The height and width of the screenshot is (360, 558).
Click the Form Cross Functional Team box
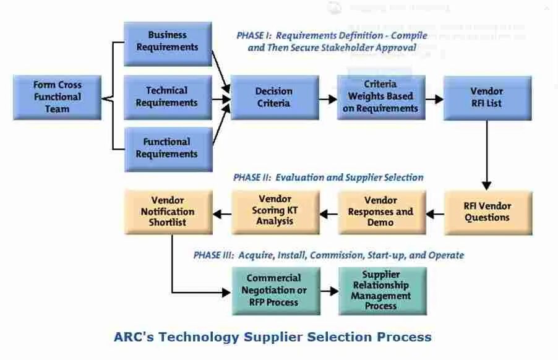pos(57,97)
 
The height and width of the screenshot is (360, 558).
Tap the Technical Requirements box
pos(168,97)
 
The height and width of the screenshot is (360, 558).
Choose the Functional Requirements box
pos(168,148)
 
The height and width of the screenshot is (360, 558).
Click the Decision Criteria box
pos(274,97)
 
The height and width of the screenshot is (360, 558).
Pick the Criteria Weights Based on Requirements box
pos(380,97)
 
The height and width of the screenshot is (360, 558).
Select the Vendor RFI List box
pos(486,97)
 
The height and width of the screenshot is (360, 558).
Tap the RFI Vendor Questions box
pos(487,212)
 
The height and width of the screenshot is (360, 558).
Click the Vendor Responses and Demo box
pos(380,212)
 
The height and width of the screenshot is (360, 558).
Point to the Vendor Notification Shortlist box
pos(168,212)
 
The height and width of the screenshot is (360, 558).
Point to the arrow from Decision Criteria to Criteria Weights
pos(328,98)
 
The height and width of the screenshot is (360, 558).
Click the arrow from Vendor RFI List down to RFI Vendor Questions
pos(486,155)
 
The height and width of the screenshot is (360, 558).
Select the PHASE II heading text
pos(252,178)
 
